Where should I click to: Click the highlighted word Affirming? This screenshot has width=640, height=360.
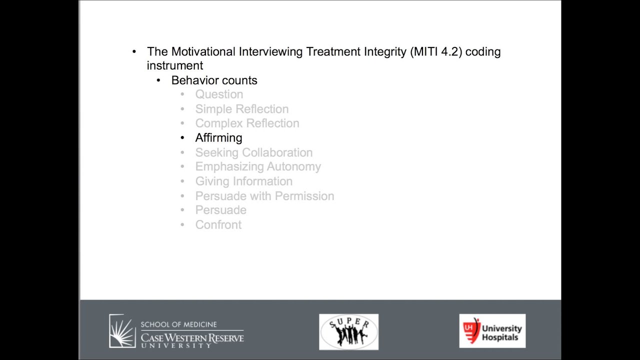pyautogui.click(x=218, y=138)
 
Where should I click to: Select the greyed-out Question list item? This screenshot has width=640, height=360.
pyautogui.click(x=219, y=94)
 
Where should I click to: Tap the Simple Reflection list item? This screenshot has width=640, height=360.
pyautogui.click(x=241, y=109)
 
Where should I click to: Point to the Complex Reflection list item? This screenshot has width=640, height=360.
pyautogui.click(x=247, y=123)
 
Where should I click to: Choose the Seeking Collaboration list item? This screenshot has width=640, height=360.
pyautogui.click(x=253, y=152)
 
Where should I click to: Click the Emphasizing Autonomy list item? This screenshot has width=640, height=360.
pyautogui.click(x=258, y=167)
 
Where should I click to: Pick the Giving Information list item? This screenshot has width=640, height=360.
pyautogui.click(x=243, y=181)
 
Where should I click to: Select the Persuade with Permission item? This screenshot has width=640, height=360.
pyautogui.click(x=264, y=196)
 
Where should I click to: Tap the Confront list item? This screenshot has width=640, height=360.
pyautogui.click(x=218, y=225)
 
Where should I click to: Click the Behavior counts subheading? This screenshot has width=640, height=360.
pyautogui.click(x=214, y=80)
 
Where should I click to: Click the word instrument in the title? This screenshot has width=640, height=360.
pyautogui.click(x=175, y=66)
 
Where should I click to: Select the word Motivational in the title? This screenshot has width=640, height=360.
pyautogui.click(x=203, y=52)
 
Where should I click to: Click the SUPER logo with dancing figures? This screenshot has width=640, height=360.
pyautogui.click(x=348, y=331)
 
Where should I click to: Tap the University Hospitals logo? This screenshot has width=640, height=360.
pyautogui.click(x=492, y=331)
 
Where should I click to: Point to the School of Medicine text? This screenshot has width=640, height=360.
pyautogui.click(x=178, y=324)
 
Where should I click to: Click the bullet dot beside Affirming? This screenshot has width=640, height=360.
pyautogui.click(x=182, y=138)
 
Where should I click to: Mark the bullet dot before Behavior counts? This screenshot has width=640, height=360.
pyautogui.click(x=158, y=80)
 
